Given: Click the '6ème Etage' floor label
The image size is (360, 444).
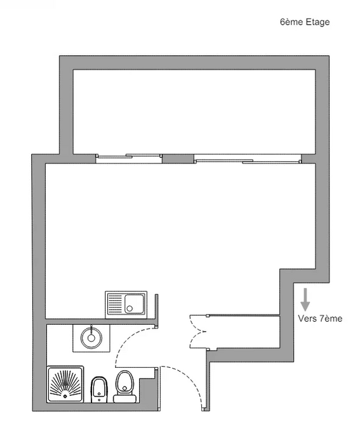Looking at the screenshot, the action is pyautogui.click(x=305, y=22).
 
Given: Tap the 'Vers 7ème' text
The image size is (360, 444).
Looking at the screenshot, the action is pyautogui.click(x=320, y=318).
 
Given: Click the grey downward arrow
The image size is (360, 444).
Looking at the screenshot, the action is pyautogui.click(x=305, y=299).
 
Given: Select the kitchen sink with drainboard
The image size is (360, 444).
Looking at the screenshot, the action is pyautogui.click(x=126, y=304).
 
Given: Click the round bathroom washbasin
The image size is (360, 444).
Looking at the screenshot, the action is pyautogui.click(x=91, y=337).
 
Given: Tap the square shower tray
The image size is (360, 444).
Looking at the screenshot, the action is pyautogui.click(x=65, y=384).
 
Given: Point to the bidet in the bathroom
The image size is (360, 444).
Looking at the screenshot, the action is pyautogui.click(x=99, y=389).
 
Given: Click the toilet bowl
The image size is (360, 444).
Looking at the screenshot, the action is pyautogui.click(x=124, y=382).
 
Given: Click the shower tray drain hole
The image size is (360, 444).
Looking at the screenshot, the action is pyautogui.click(x=65, y=396).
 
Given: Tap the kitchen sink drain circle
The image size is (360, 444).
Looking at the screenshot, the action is pyautogui.click(x=130, y=308).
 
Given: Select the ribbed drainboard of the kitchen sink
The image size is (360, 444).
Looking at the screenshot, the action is pyautogui.click(x=115, y=304).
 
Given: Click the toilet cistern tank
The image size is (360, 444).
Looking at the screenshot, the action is pyautogui.click(x=125, y=398).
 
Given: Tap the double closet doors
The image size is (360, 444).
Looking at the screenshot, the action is pyautogui.click(x=197, y=332).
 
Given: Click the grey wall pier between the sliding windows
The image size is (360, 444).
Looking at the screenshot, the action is pyautogui.click(x=178, y=159).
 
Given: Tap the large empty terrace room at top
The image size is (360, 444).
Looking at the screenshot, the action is pyautogui.click(x=194, y=112).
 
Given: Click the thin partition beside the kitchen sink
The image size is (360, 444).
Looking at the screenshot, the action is pyautogui.click(x=156, y=310).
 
